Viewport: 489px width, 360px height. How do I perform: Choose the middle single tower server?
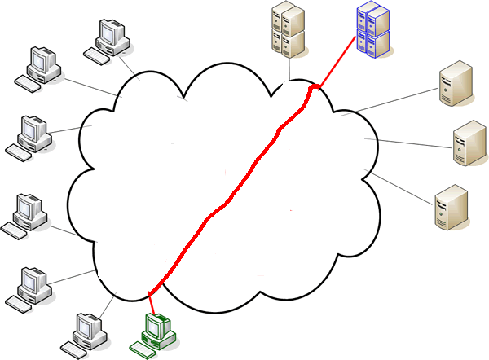pos(468,143)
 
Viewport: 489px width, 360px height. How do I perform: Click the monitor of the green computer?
pos(155,327)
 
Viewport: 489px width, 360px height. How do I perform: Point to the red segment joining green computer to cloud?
pos(150,300)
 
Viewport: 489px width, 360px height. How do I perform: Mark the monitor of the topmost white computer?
pos(109,34)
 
